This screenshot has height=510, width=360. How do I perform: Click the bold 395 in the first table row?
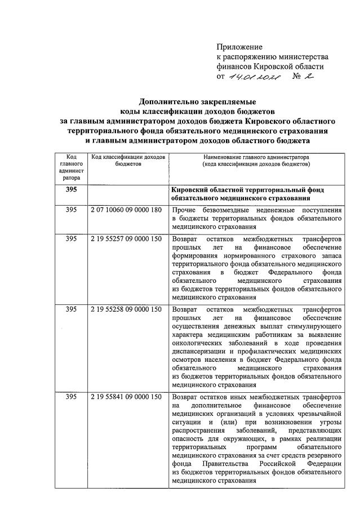pos(71,190)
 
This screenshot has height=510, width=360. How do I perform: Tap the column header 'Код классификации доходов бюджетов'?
pos(128,160)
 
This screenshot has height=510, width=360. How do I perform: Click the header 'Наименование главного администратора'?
pos(256,156)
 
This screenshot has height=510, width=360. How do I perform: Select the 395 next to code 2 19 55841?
pos(71,397)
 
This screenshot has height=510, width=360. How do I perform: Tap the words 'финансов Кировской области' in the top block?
pos(270,66)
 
